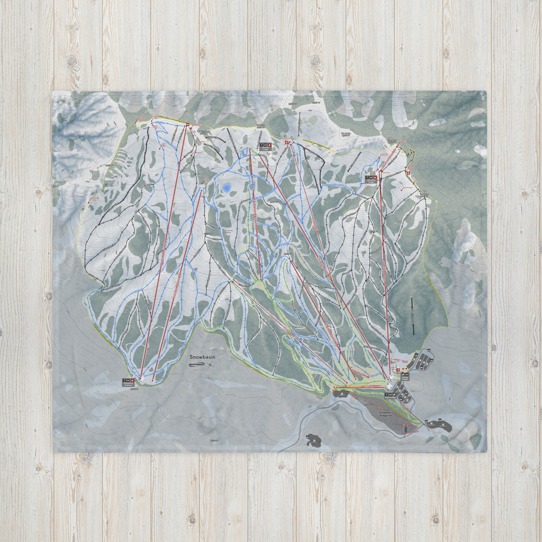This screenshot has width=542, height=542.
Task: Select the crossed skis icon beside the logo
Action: pos(211,364)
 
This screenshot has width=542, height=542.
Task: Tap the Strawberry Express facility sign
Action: pos(129,383)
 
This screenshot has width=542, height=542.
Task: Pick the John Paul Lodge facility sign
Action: pos(371,179)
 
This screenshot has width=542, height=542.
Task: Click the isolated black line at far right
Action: pos(412,316)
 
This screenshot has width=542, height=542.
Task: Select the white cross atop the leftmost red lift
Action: pos(187,125)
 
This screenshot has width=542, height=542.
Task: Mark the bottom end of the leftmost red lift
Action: pos(141,378)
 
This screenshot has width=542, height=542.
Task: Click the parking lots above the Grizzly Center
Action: pos(424,359)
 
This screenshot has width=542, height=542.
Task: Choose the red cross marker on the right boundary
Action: pos(408,173)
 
